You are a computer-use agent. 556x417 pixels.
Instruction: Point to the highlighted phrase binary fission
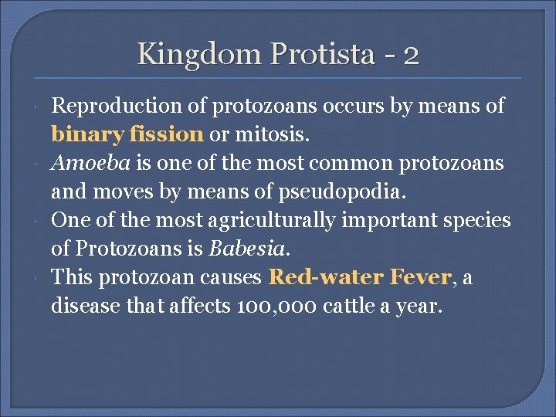(127, 134)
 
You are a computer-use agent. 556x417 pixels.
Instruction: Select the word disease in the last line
(86, 306)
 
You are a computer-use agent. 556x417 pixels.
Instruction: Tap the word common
(337, 163)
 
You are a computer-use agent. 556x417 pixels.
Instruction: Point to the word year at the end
(422, 307)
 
